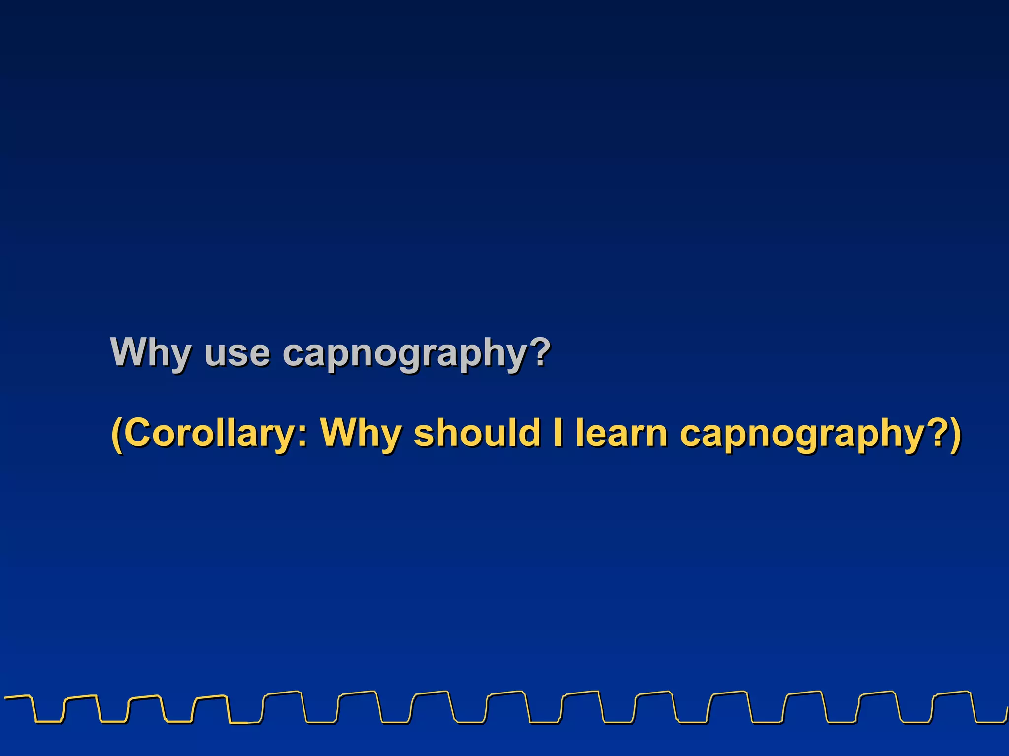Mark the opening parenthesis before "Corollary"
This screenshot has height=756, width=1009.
coord(116,434)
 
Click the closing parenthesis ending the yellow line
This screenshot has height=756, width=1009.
coord(955,434)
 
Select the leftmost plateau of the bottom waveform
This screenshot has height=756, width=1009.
coord(17,696)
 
